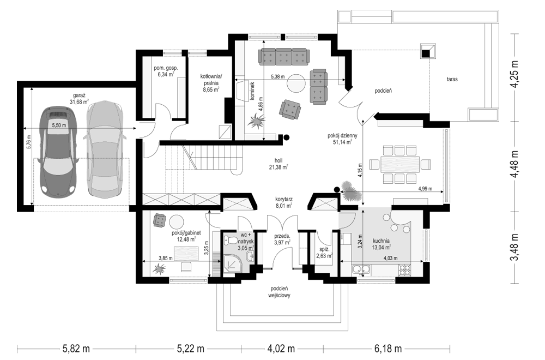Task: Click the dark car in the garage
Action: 58,153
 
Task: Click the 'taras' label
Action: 450,80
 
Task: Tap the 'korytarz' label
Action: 284,203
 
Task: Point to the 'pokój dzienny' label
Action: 342,139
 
